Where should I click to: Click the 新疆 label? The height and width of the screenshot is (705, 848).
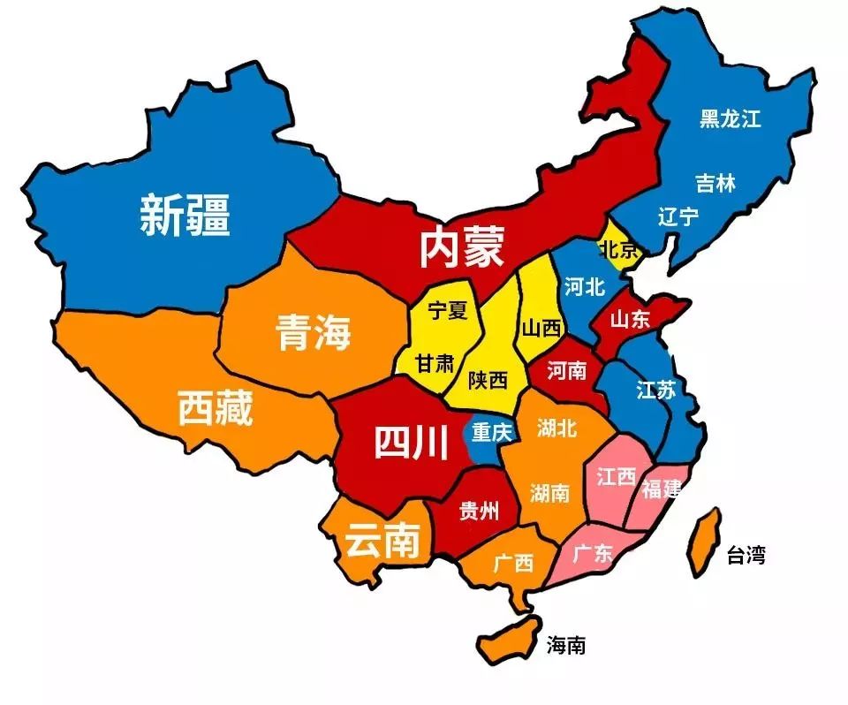pos(185,215)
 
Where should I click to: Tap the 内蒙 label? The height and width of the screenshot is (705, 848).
pos(461,246)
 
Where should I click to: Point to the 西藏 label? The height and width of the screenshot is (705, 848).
pos(216,407)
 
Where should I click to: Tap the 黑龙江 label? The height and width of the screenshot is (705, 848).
pos(730,118)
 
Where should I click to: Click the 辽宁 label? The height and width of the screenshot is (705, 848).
pos(678,216)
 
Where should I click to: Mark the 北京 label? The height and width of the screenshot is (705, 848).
pos(618,250)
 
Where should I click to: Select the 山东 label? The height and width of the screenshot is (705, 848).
pos(630,319)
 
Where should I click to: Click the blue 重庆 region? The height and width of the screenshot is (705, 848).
pos(488,435)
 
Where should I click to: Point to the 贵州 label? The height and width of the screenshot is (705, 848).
pos(479,510)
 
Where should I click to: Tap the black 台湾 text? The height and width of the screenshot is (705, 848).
pos(746,555)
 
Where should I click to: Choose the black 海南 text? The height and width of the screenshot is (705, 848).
pos(564,645)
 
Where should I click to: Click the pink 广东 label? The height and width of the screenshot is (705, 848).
pos(592,554)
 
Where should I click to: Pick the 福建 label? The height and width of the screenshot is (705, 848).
pos(662,489)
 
